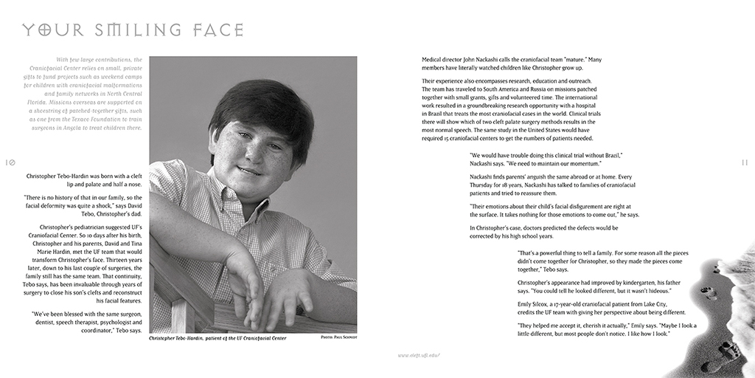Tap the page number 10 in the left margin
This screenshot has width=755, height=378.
coord(10,162)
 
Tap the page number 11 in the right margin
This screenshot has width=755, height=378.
coord(745,162)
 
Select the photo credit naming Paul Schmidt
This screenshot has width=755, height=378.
coord(338,337)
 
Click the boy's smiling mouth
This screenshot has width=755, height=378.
coord(251,171)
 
